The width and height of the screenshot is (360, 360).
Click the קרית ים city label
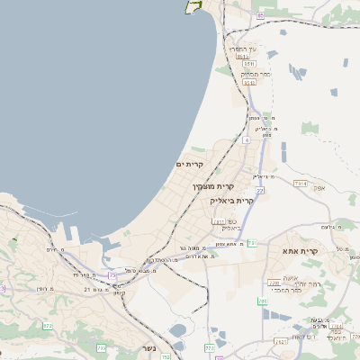(x=191, y=165)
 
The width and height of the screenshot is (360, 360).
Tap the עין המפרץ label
(x=245, y=48)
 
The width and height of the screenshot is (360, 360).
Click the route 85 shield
(x=260, y=15)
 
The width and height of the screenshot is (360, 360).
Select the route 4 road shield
(x=246, y=141)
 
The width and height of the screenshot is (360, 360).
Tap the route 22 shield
(x=259, y=191)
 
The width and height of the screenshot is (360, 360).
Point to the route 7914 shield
(x=300, y=184)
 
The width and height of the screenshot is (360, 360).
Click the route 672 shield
(x=47, y=326)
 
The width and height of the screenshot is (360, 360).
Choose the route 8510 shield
(x=242, y=56)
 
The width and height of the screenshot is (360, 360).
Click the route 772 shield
(x=210, y=346)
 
